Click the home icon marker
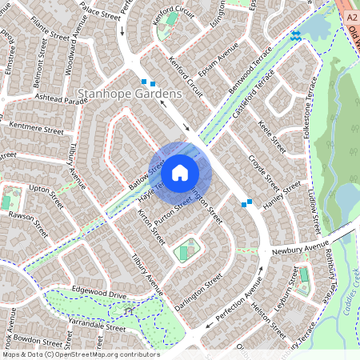[180, 173]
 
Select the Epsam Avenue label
[220, 58]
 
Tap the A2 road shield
[352, 15]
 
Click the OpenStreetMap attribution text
[80, 354]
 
